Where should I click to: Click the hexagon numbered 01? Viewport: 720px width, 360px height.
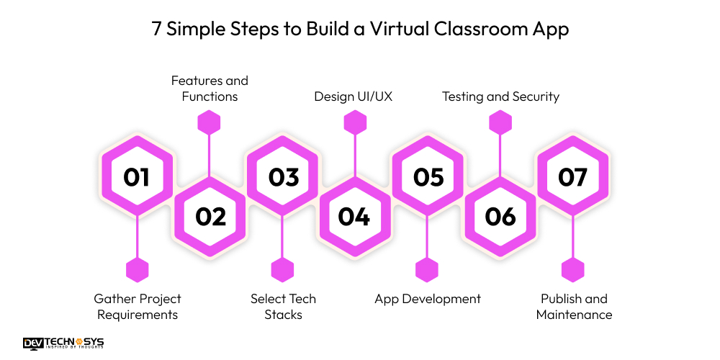tap(137, 177)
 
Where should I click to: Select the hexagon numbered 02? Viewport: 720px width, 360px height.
tap(210, 217)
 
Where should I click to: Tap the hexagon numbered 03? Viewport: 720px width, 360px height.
tap(283, 177)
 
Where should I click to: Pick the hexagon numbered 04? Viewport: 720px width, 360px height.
tap(354, 217)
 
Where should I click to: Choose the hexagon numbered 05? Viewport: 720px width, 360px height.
tap(428, 177)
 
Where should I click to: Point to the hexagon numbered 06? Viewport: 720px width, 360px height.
tap(500, 217)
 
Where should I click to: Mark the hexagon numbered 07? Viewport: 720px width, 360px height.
tap(573, 177)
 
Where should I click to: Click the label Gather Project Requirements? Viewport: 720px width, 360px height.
tap(138, 307)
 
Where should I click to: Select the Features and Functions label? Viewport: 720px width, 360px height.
tap(210, 89)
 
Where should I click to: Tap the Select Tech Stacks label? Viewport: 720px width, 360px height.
tap(283, 307)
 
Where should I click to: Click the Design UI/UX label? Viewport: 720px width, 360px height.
tap(354, 96)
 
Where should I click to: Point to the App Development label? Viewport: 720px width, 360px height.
tap(428, 299)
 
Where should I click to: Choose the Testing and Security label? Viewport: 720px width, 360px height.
tap(500, 96)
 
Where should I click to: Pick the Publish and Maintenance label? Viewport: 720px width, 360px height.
tap(574, 307)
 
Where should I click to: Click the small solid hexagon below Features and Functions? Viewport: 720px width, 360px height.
tap(209, 122)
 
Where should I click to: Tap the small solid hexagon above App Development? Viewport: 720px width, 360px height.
tap(427, 270)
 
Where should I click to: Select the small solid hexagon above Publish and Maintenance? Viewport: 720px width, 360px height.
tap(573, 270)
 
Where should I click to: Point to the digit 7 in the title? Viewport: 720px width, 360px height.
tap(156, 30)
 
